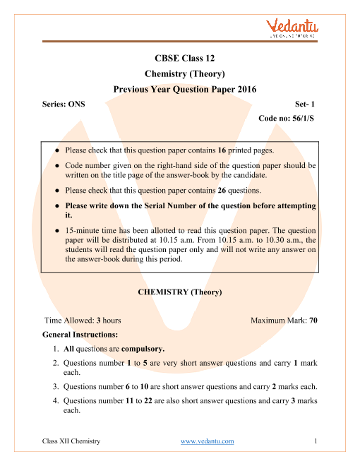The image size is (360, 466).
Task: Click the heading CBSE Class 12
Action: tap(179, 59)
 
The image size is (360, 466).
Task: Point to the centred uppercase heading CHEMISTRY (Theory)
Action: tap(179, 292)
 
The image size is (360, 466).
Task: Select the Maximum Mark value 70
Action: tap(313, 320)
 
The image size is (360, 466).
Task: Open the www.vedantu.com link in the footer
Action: tap(207, 441)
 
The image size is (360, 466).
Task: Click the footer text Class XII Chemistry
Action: tap(71, 441)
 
